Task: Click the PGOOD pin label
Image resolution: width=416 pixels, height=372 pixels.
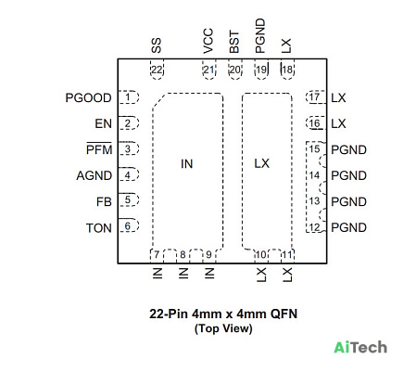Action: [88, 98]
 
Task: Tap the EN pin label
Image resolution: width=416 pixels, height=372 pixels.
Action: [103, 123]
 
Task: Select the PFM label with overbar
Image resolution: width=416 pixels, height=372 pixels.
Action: [99, 149]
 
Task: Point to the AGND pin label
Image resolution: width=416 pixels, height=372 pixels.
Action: [95, 175]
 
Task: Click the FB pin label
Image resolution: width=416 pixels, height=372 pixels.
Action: [104, 202]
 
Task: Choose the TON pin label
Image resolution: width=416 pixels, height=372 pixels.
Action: [99, 228]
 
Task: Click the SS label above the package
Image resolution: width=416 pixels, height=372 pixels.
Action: [157, 45]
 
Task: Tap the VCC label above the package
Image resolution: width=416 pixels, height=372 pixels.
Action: [208, 41]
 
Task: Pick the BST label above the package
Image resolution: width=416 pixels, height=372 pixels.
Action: [234, 42]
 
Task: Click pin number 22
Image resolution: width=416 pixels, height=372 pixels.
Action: [157, 70]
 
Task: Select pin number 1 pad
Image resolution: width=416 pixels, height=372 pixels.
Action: [128, 97]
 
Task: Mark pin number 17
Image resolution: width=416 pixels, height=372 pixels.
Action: [314, 97]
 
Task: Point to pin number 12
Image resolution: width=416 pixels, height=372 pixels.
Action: [314, 227]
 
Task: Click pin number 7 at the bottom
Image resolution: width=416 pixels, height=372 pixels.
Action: [157, 255]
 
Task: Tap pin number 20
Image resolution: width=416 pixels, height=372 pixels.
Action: [235, 70]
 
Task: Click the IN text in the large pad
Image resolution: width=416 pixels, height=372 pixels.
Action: [187, 164]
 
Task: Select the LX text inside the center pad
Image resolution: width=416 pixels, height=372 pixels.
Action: [262, 163]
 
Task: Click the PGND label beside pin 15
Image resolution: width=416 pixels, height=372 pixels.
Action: [348, 150]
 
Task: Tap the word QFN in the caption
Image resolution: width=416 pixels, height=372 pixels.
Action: [284, 314]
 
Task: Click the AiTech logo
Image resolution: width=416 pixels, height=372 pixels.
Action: [360, 347]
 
